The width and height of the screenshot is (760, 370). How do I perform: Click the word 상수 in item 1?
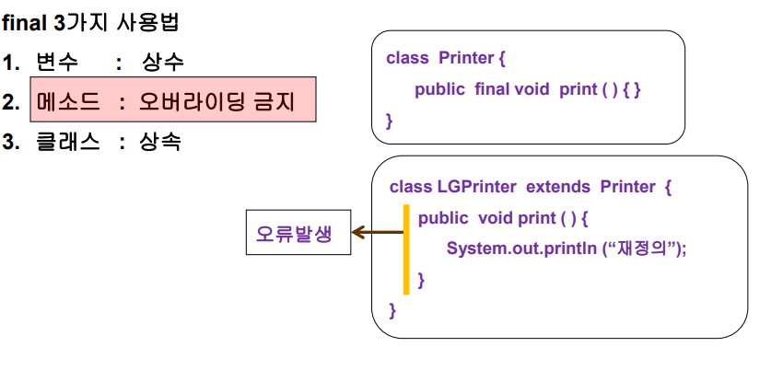coord(163,63)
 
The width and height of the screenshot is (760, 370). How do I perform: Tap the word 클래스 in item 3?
coord(68,142)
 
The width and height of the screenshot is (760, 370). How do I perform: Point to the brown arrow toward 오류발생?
coord(379,234)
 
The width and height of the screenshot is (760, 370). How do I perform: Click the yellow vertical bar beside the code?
coord(405,249)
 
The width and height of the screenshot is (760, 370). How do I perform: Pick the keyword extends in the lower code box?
coord(558,187)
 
